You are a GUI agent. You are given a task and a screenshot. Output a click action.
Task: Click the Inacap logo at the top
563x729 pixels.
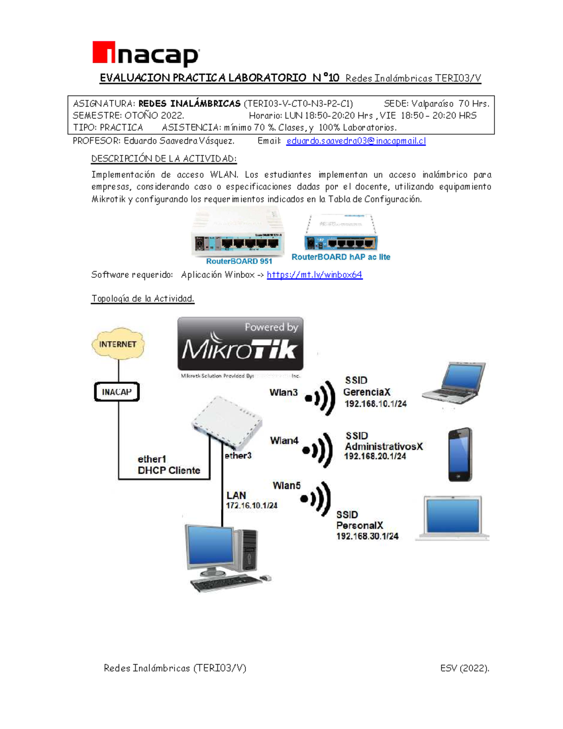click(146, 54)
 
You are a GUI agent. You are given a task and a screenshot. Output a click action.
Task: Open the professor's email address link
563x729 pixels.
click(356, 141)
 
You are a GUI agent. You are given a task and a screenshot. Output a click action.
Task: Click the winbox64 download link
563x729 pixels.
click(314, 275)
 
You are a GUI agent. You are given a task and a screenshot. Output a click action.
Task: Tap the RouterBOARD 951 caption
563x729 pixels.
click(239, 261)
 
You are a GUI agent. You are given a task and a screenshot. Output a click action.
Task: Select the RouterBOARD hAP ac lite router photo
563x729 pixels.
click(341, 233)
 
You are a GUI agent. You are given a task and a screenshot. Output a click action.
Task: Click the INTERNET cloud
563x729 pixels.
click(118, 344)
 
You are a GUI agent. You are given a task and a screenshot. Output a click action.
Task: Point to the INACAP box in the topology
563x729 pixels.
click(117, 391)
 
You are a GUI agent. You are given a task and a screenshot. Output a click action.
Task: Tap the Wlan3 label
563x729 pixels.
click(283, 392)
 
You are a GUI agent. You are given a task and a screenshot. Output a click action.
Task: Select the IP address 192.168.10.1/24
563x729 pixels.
click(375, 404)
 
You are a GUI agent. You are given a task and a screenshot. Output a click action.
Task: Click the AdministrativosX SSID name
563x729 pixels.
click(384, 446)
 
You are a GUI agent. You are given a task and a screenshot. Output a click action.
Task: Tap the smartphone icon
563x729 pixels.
click(460, 454)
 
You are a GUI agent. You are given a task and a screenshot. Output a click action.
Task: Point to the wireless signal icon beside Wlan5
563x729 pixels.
click(317, 499)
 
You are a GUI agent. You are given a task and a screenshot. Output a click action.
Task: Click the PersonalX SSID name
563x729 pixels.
click(360, 525)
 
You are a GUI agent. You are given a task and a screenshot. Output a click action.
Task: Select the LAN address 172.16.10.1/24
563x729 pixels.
click(251, 506)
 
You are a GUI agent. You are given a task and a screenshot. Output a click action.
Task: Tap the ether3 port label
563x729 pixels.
click(238, 455)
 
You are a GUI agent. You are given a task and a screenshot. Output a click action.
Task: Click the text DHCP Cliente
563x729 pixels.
click(169, 470)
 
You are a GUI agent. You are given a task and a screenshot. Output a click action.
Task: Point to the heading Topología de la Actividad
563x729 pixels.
click(143, 299)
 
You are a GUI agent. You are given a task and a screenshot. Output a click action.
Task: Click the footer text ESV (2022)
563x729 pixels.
click(464, 668)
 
